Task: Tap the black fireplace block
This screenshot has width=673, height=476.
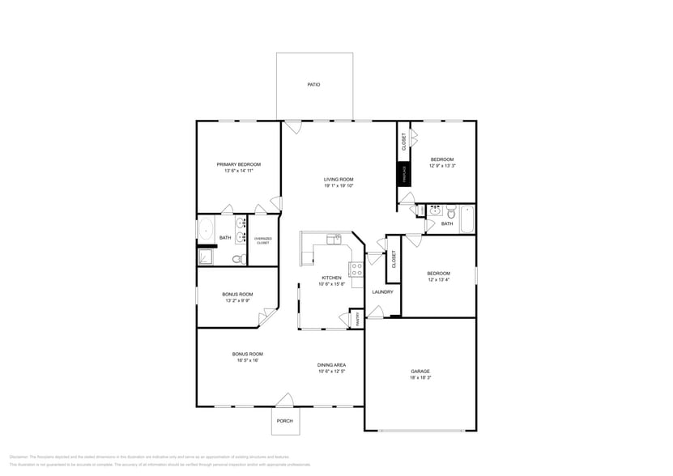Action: pos(403,174)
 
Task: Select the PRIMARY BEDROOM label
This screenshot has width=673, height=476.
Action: pos(238,164)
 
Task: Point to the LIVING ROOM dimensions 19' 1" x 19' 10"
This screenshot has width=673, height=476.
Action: pos(339,186)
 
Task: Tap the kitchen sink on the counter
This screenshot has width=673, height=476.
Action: pos(334,238)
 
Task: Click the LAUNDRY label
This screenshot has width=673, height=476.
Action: pos(382,291)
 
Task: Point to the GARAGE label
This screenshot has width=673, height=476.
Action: pos(420,372)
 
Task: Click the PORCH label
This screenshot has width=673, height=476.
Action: pos(284,421)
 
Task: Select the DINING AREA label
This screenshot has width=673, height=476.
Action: pos(331,365)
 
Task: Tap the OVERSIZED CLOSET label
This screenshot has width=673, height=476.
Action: pos(262,240)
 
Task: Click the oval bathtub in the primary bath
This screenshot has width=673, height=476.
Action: pos(205,227)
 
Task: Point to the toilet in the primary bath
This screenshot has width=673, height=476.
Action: pos(237,259)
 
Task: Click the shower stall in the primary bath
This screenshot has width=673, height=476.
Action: pos(207,257)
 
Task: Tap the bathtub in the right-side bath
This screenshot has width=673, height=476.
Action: pos(466,219)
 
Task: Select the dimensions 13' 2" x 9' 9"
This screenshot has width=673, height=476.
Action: pos(236,300)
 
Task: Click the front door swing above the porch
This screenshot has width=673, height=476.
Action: pos(284,400)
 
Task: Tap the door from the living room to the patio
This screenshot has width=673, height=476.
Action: pos(292,127)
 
